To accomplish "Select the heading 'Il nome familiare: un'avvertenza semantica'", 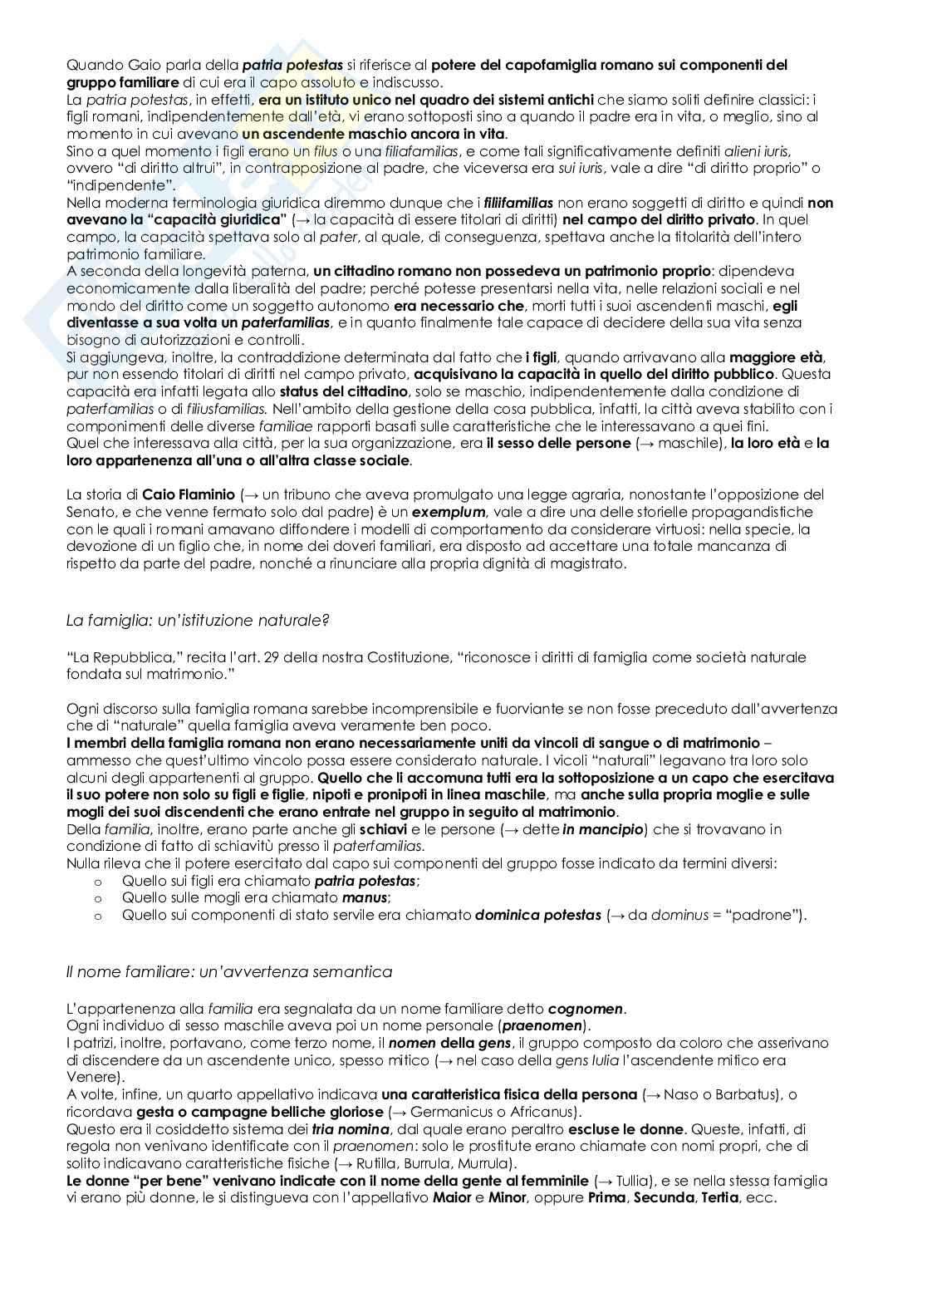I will point(229,970).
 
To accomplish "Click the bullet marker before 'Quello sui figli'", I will point(98,881).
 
